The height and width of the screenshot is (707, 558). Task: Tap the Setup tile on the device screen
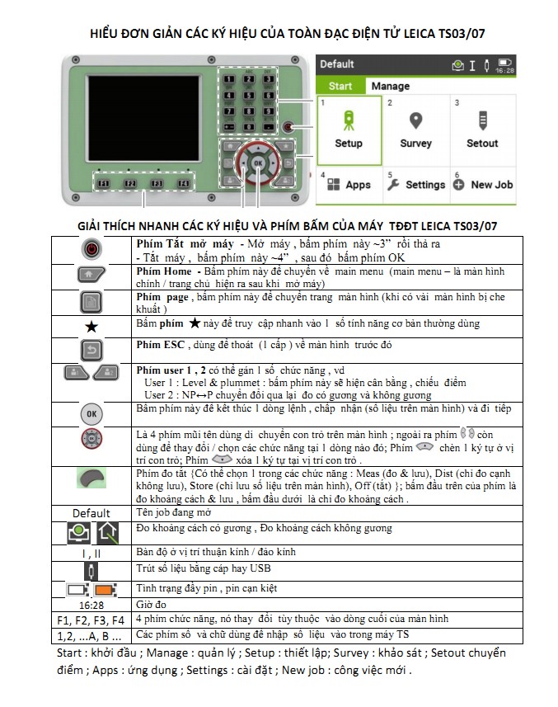[349, 129]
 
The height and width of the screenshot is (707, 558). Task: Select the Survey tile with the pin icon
[415, 129]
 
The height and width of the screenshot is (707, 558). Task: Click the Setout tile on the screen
[482, 129]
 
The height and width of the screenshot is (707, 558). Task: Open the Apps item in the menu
[349, 185]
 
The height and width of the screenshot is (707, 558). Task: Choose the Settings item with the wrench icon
[415, 185]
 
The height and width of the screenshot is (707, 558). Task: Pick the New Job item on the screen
[483, 185]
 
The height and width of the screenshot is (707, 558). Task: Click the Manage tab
[390, 86]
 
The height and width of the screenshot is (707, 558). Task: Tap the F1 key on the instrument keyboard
[104, 183]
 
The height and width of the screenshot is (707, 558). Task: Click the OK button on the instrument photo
[259, 163]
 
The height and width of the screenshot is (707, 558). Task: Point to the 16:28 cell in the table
[91, 605]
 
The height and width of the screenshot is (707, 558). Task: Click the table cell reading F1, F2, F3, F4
[91, 620]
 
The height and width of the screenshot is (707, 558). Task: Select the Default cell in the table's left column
[91, 513]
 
